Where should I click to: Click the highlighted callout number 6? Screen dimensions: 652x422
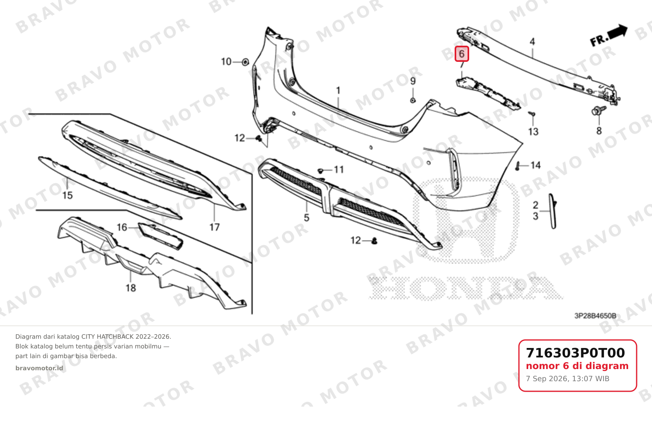(x=461, y=54)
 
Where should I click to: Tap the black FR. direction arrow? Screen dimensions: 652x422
(x=617, y=32)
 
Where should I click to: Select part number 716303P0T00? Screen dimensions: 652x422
(x=575, y=353)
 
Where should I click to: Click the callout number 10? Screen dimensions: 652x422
(x=226, y=62)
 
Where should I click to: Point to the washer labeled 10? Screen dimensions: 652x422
(x=246, y=62)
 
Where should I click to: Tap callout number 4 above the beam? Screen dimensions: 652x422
(x=532, y=42)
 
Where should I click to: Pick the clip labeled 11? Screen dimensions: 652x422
(x=320, y=171)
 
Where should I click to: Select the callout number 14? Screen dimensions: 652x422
(x=536, y=165)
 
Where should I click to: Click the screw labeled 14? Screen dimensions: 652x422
(x=518, y=167)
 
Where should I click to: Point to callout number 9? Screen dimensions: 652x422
(x=413, y=81)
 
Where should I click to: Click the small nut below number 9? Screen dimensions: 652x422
(x=413, y=100)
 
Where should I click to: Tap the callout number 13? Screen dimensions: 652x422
(x=533, y=132)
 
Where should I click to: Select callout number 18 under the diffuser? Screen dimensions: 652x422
(x=131, y=288)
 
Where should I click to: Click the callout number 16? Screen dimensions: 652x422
(x=122, y=227)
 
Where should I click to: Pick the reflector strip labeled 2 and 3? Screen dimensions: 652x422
(x=553, y=211)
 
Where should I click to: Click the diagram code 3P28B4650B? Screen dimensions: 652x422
(x=595, y=316)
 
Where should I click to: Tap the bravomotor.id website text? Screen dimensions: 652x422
(x=39, y=368)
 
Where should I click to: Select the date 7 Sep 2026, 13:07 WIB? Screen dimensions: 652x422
(x=567, y=379)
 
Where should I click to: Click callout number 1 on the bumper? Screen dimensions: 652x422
(x=338, y=91)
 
